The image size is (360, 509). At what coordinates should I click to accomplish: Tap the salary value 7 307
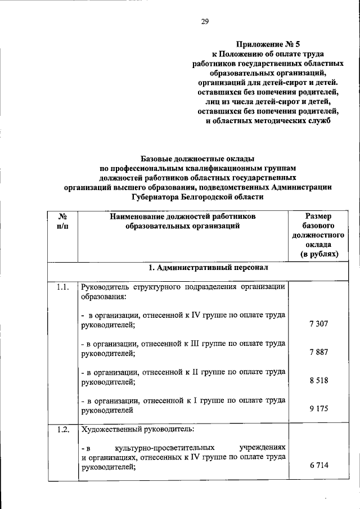[318, 324]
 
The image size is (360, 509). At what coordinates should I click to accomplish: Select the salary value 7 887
[318, 352]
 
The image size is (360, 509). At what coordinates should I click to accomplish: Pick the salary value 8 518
[318, 381]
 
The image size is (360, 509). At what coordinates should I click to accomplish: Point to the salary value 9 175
[318, 409]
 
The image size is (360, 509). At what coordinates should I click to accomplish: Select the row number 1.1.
[62, 288]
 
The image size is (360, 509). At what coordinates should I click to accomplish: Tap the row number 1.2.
[62, 430]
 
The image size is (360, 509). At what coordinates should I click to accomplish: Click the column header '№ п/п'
[63, 221]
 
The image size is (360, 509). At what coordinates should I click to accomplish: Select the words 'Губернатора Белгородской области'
[197, 197]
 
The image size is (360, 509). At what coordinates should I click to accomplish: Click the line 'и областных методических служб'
[268, 121]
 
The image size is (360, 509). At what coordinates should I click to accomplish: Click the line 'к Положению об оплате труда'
[268, 55]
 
